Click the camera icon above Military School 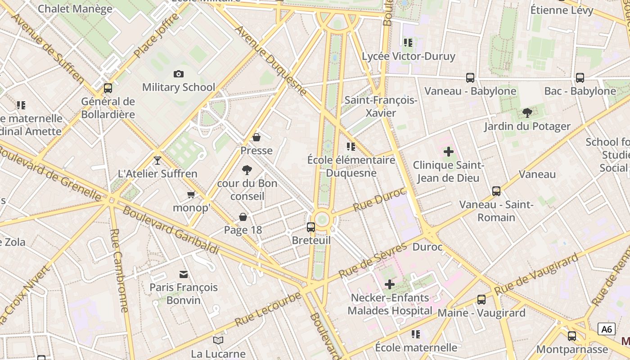pyautogui.click(x=179, y=74)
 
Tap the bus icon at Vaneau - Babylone pyautogui.click(x=470, y=78)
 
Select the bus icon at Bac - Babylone pyautogui.click(x=580, y=78)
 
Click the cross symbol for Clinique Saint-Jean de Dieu pyautogui.click(x=449, y=152)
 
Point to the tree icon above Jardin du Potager pyautogui.click(x=527, y=113)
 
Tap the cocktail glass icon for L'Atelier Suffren pyautogui.click(x=157, y=160)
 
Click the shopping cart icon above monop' pyautogui.click(x=191, y=195)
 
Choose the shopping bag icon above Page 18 pyautogui.click(x=243, y=217)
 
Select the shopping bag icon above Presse pyautogui.click(x=256, y=137)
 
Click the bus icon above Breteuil pyautogui.click(x=311, y=227)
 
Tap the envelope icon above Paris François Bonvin pyautogui.click(x=184, y=274)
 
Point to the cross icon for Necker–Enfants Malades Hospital pyautogui.click(x=390, y=284)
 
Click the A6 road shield pyautogui.click(x=607, y=329)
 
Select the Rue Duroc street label pyautogui.click(x=379, y=200)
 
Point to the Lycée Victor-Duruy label pyautogui.click(x=409, y=57)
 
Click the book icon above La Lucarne pyautogui.click(x=218, y=340)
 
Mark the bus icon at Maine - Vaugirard pyautogui.click(x=481, y=299)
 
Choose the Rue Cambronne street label pyautogui.click(x=121, y=270)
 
